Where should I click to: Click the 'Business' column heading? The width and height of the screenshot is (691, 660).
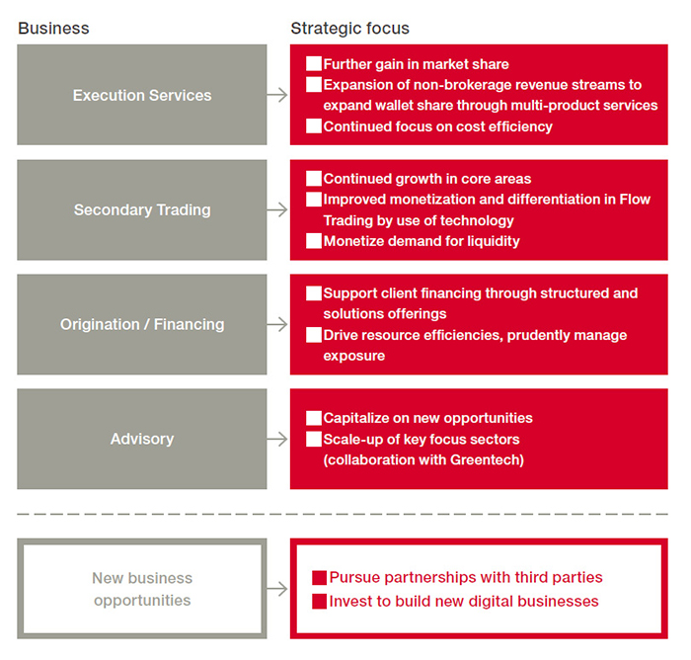[x=53, y=29]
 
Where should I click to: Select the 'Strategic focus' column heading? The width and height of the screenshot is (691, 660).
[x=349, y=29]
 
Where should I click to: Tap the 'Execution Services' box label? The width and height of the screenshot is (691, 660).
[x=142, y=95]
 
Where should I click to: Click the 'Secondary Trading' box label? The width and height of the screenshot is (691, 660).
[x=142, y=210]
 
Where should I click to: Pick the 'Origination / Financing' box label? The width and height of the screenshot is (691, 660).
[x=142, y=324]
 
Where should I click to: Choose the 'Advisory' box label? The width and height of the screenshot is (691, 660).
[x=142, y=439]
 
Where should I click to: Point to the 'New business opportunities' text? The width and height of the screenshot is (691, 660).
[x=142, y=589]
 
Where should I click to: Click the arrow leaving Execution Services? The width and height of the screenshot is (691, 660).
[x=277, y=95]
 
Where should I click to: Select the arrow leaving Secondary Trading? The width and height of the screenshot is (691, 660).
[x=277, y=209]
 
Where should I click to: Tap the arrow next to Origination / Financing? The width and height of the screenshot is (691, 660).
[x=277, y=324]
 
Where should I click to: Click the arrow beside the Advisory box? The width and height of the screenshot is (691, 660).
[x=277, y=439]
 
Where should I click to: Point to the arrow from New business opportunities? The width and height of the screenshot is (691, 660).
[x=277, y=589]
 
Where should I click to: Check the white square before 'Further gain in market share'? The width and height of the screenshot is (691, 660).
[x=314, y=63]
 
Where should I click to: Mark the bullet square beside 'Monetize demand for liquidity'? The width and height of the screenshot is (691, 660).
[x=314, y=241]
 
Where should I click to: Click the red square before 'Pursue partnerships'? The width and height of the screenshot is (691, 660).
[x=320, y=577]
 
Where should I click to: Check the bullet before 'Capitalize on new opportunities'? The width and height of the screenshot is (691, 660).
[x=314, y=418]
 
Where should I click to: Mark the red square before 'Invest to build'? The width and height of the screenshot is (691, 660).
[x=320, y=602]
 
